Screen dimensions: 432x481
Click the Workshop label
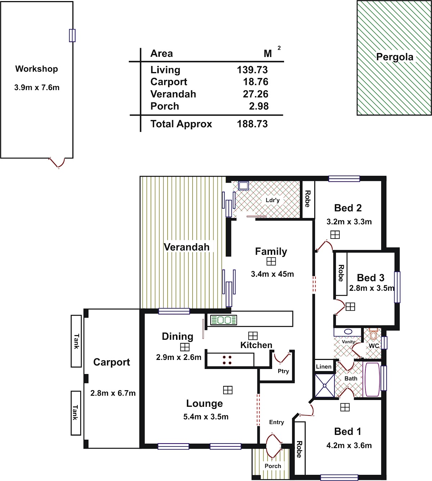coord(37,69)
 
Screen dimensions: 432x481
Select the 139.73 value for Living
coord(252,70)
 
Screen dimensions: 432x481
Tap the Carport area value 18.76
coord(256,82)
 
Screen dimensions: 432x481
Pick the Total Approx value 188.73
coord(252,124)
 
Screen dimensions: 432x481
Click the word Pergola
coord(395,57)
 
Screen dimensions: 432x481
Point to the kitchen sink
coord(224,320)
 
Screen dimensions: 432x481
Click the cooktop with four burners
coord(227,360)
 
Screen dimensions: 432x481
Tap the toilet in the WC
coord(373,334)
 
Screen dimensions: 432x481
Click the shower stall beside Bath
coord(324,386)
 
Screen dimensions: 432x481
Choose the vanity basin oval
coord(348,332)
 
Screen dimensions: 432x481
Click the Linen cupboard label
coord(324,367)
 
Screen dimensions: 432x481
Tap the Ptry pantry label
coord(283,371)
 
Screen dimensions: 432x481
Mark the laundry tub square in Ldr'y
coord(243,186)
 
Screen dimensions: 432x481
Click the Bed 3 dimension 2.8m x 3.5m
coord(372,288)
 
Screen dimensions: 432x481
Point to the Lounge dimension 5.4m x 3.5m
coord(206,417)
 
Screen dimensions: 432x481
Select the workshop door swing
coord(57,163)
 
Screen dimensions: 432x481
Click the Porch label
coord(273,466)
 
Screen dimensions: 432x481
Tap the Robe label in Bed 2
coord(308,199)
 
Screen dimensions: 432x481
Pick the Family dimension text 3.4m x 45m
coord(272,274)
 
